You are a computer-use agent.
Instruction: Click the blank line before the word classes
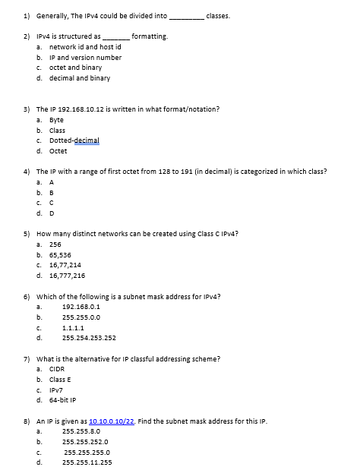[186, 16]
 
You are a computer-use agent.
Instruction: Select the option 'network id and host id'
[84, 46]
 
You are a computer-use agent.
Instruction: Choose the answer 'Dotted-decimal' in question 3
[74, 140]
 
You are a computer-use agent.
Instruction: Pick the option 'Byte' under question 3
[56, 120]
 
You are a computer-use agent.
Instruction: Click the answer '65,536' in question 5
[62, 255]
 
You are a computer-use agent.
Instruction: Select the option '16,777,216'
[67, 276]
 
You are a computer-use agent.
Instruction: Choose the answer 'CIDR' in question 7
[57, 369]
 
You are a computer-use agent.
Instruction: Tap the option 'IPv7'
[57, 390]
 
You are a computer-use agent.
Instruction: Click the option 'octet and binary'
[75, 68]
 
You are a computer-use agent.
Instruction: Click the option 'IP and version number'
[84, 57]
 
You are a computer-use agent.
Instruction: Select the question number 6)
[27, 296]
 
